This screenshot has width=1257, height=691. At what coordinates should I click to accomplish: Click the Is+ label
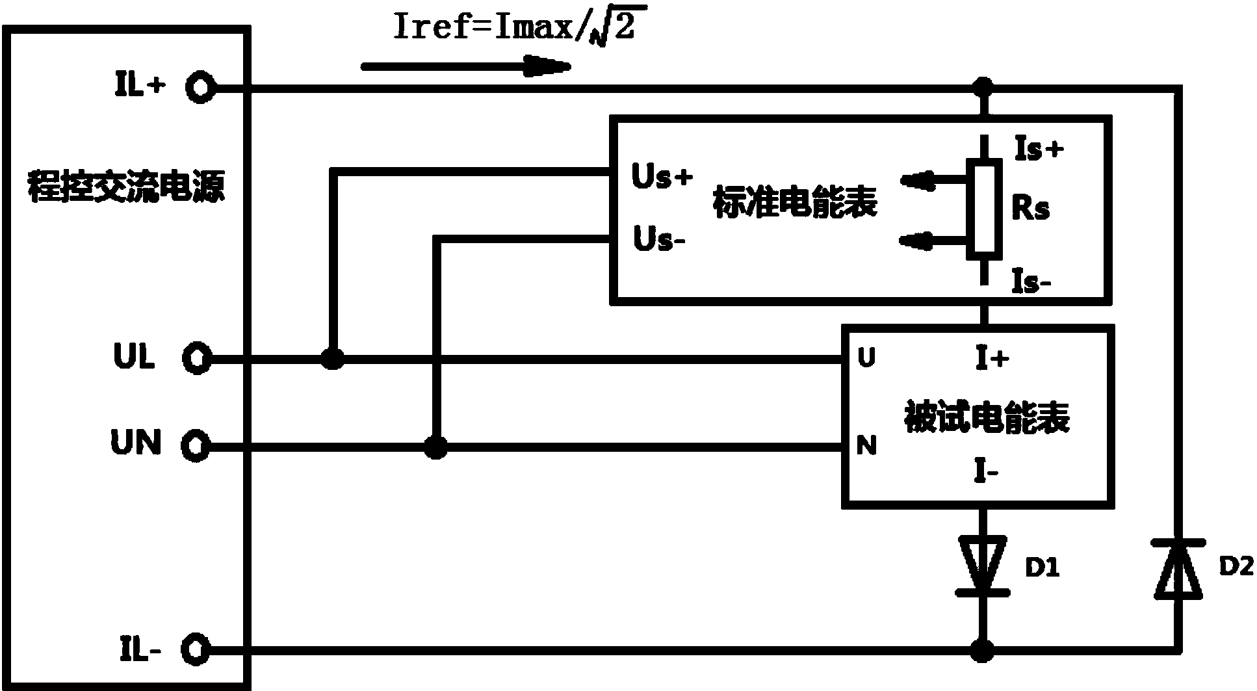point(1039,150)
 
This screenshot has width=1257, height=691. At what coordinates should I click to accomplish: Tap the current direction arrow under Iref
point(465,65)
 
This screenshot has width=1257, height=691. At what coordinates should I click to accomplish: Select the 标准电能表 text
point(796,202)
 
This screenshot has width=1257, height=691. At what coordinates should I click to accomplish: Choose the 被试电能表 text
point(987,417)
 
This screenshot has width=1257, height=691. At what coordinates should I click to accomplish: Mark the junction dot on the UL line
point(333,358)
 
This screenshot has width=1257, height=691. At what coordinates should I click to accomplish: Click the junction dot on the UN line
point(435,447)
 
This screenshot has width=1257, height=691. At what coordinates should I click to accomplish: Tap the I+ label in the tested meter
point(992,358)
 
